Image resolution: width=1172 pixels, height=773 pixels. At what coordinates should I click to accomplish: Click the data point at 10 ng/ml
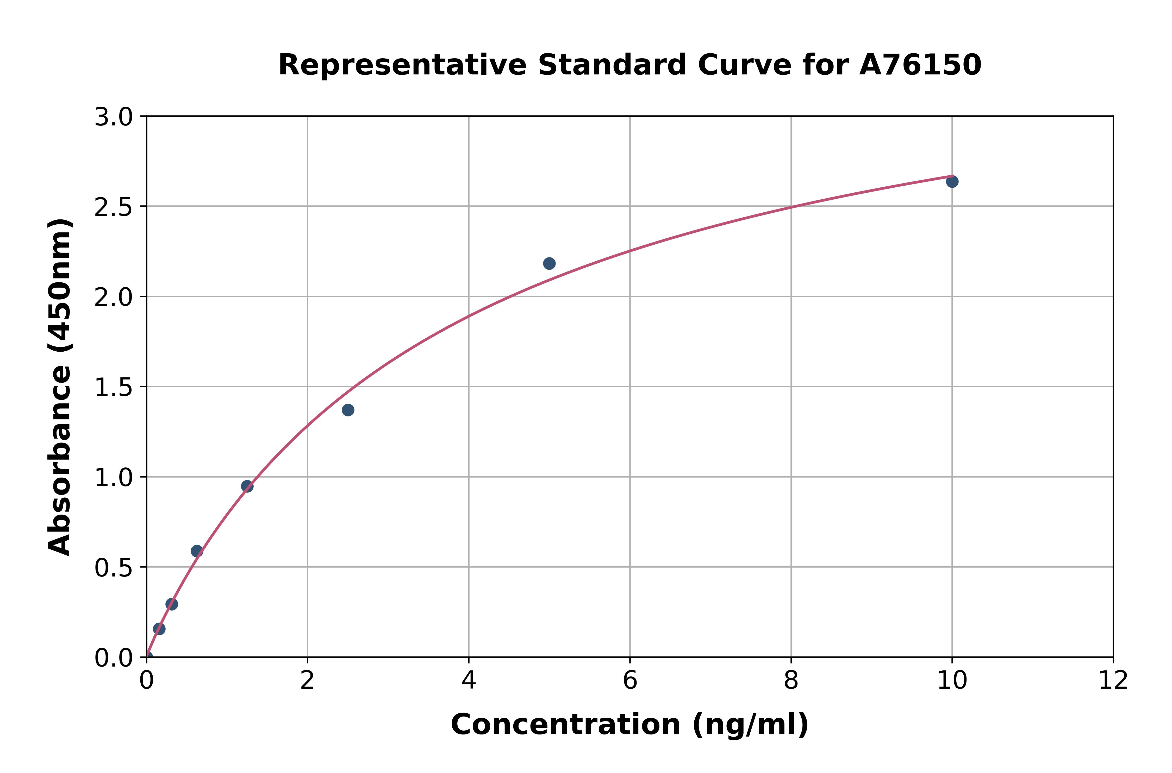pyautogui.click(x=952, y=181)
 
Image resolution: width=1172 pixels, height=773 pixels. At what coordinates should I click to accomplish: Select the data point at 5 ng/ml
pyautogui.click(x=549, y=263)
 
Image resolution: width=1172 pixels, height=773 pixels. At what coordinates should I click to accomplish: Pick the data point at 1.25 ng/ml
pyautogui.click(x=247, y=487)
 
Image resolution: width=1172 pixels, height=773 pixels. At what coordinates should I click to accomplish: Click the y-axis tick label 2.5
pyautogui.click(x=114, y=207)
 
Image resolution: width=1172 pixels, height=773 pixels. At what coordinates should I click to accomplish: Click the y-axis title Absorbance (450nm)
pyautogui.click(x=60, y=387)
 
